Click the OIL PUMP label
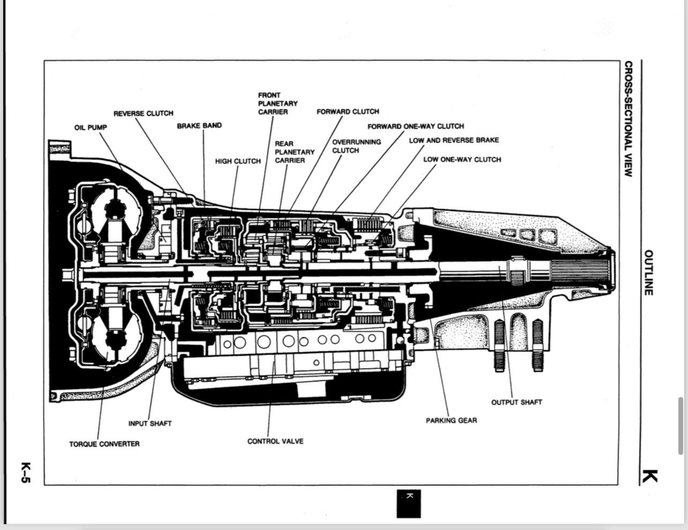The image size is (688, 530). [x=91, y=127]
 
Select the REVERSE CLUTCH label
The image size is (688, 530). [x=143, y=113]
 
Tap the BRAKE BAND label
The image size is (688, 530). [x=199, y=126]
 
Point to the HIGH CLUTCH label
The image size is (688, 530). [x=238, y=161]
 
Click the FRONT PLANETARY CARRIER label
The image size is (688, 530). [x=278, y=104]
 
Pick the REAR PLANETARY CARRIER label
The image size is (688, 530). [x=294, y=152]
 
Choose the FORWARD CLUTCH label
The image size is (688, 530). [x=348, y=112]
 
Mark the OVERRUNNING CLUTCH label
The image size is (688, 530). [x=356, y=146]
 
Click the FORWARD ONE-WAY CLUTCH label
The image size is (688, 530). [x=415, y=126]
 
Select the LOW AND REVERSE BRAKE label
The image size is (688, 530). [x=454, y=140]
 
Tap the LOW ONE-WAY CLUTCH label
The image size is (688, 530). [x=462, y=159]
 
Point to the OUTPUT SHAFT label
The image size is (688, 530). [x=517, y=402]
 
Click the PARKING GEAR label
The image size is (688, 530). [x=451, y=421]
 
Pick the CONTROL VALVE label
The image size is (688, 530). [x=275, y=441]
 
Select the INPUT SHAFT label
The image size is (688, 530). [x=150, y=423]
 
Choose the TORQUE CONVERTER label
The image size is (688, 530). [x=104, y=444]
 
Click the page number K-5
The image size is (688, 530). [x=26, y=472]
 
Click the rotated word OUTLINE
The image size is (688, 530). [x=648, y=272]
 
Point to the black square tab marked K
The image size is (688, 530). [x=408, y=504]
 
